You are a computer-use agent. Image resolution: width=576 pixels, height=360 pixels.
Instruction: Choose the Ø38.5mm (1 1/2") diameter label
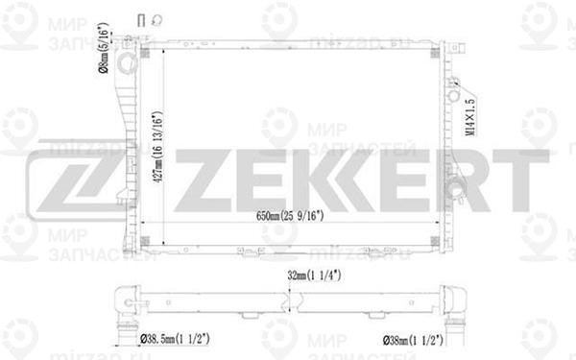tap(185, 339)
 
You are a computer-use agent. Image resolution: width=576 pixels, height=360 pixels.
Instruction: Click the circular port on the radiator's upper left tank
tap(124, 61)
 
